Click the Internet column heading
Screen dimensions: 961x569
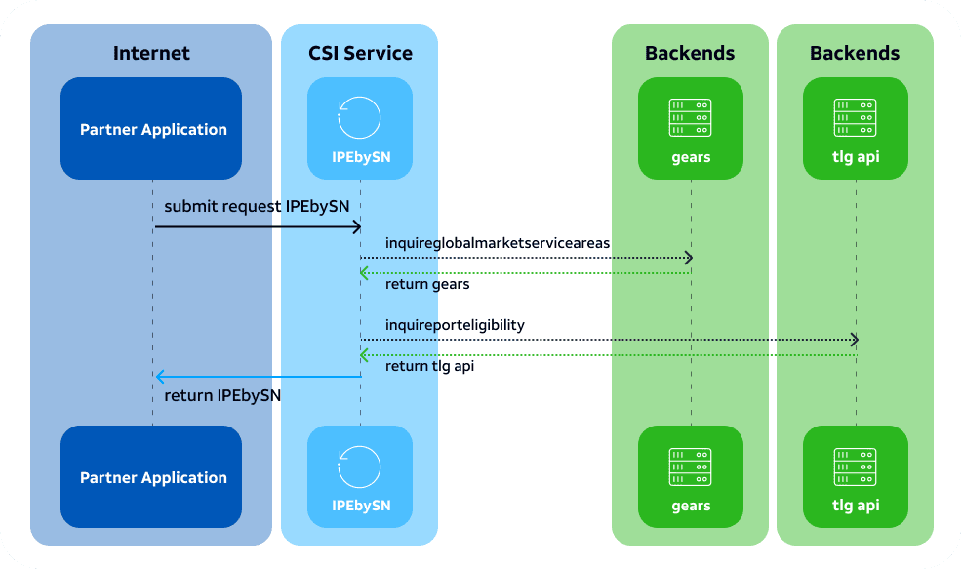(x=151, y=54)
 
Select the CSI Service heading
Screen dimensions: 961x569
(x=360, y=54)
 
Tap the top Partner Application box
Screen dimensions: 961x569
(x=151, y=128)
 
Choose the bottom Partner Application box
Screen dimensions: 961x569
(x=151, y=476)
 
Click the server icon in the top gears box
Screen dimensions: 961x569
(x=690, y=118)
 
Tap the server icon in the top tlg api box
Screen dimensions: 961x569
(x=855, y=118)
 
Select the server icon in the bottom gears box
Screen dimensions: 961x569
(x=690, y=467)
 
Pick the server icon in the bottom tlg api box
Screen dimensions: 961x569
(x=855, y=467)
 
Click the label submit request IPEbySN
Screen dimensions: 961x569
(x=257, y=207)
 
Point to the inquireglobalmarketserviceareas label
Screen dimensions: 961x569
(x=498, y=243)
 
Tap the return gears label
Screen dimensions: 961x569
(x=427, y=285)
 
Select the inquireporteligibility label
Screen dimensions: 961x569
(x=455, y=325)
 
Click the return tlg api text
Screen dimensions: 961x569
(x=429, y=366)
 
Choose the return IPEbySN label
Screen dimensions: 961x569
(x=222, y=396)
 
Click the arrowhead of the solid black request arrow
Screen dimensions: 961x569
(x=358, y=227)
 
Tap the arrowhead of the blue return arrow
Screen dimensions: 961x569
(x=159, y=377)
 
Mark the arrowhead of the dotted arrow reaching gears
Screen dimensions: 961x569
(x=690, y=258)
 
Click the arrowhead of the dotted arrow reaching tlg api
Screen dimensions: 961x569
(x=855, y=339)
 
